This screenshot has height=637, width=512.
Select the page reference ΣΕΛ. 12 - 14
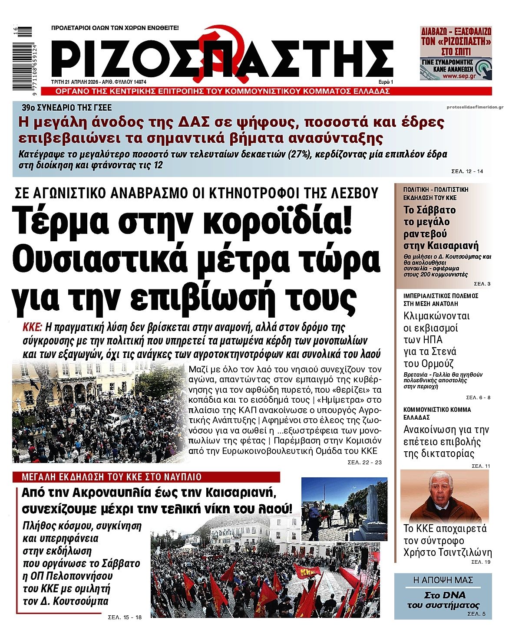[x=467, y=171]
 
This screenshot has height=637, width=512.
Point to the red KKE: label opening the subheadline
[x=32, y=327]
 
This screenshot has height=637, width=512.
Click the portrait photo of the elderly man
[x=444, y=497]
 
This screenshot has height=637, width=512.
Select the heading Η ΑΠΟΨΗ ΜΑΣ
[x=443, y=580]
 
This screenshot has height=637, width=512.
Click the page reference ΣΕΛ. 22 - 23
[x=364, y=463]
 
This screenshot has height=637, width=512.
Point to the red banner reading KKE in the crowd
[x=307, y=572]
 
